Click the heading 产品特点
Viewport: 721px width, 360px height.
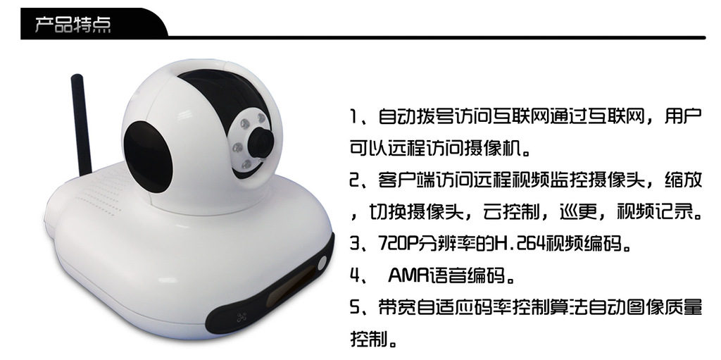point(73,25)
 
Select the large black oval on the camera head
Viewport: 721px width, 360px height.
point(148,156)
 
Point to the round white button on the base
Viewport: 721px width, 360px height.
point(322,263)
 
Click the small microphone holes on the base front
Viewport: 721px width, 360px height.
point(242,317)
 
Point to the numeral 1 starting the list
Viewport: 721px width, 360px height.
point(353,116)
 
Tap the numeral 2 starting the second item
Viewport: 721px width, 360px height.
point(354,180)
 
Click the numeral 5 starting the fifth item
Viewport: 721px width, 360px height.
point(354,307)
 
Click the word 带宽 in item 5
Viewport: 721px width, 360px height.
point(396,307)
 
